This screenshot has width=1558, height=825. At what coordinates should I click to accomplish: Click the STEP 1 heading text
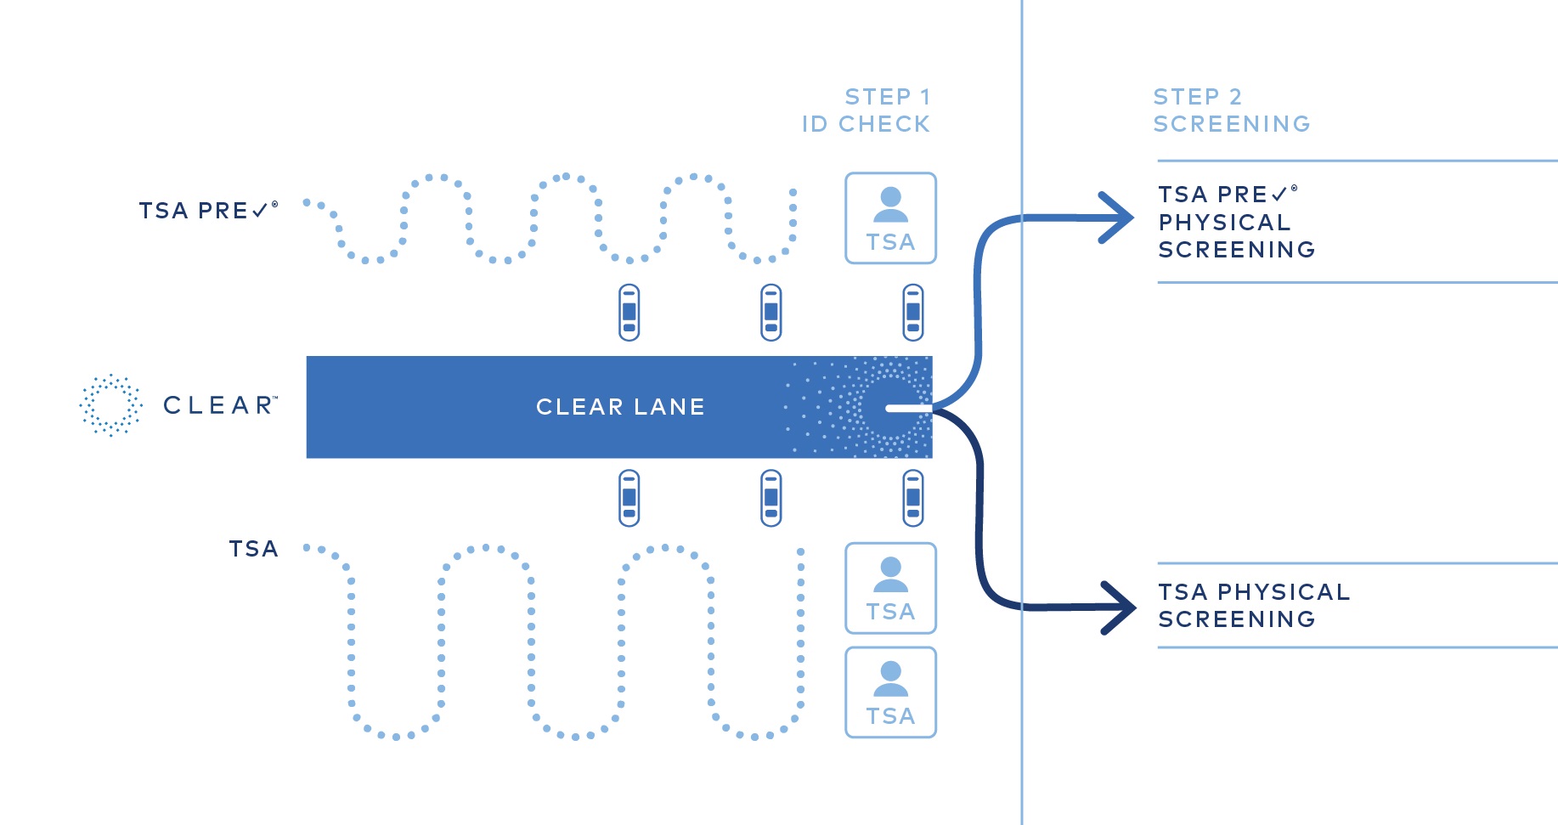887,97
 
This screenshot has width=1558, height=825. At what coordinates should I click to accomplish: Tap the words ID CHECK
866,124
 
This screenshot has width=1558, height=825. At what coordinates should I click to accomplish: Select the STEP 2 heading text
1197,97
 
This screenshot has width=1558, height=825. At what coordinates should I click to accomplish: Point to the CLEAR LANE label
620,407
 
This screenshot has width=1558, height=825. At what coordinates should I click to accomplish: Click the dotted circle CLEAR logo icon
110,404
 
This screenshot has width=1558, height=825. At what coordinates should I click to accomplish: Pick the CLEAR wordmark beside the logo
219,405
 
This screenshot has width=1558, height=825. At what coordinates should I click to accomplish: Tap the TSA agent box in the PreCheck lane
890,218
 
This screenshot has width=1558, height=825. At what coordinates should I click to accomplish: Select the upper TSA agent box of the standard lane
890,588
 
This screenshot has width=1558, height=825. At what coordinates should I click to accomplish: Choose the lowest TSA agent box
890,692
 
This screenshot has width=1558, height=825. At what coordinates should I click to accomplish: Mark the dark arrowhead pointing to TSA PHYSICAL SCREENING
1121,607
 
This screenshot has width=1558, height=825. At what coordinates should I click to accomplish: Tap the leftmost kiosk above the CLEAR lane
629,313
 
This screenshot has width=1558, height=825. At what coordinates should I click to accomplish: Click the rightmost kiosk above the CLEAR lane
912,313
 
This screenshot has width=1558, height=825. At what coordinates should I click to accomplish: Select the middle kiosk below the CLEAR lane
771,498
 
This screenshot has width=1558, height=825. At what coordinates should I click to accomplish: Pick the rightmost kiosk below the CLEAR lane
912,498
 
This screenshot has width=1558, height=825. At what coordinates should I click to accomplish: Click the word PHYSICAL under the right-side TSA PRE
1224,223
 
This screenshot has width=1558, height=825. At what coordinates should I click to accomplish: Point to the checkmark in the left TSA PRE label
260,210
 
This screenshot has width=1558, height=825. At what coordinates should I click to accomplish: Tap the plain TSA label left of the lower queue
253,549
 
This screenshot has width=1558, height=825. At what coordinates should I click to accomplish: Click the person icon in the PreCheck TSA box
890,204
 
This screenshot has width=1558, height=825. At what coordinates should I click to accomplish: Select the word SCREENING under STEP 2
1231,124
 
